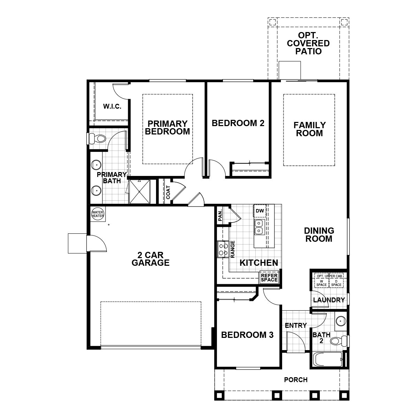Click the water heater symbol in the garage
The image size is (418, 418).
click(x=98, y=214)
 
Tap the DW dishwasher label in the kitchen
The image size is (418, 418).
click(x=260, y=211)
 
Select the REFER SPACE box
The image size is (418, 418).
click(x=269, y=277)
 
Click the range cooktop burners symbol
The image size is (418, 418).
click(x=223, y=249)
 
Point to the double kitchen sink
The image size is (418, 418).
click(x=259, y=227)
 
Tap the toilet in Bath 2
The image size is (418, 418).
click(x=339, y=340)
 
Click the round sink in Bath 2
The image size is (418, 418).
click(x=340, y=320)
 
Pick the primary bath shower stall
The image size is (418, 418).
click(x=139, y=192)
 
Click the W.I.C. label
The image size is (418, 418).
click(x=112, y=107)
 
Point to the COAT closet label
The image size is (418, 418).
click(x=168, y=192)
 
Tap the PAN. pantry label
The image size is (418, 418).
click(x=220, y=215)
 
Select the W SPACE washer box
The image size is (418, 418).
click(x=322, y=283)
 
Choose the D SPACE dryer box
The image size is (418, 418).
click(x=336, y=283)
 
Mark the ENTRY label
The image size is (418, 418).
click(x=296, y=325)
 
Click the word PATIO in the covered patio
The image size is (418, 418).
click(x=308, y=52)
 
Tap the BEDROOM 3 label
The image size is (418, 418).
click(x=247, y=335)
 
